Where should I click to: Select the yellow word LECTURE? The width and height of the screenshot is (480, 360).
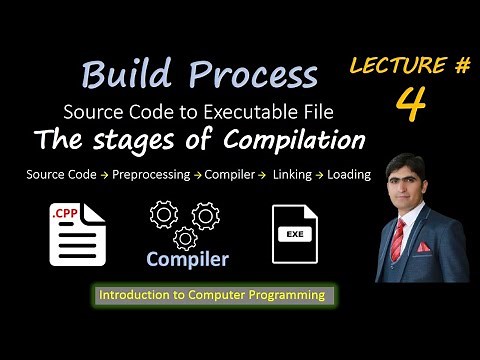[x=393, y=67]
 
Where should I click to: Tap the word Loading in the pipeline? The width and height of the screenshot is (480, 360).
[x=349, y=174]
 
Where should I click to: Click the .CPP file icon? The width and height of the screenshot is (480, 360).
[x=77, y=233]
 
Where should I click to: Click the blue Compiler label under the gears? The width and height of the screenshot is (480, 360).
[x=187, y=260]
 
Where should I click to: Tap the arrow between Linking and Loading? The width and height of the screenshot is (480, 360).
[x=323, y=174]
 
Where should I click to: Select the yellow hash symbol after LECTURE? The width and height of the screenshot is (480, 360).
[x=462, y=66]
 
